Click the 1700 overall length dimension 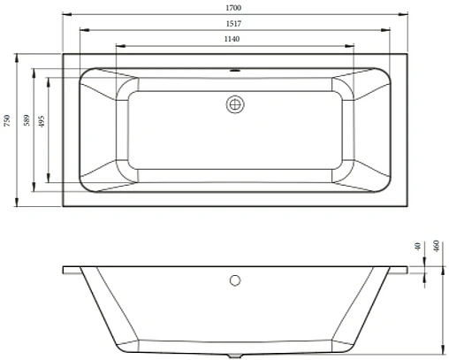tap(233, 8)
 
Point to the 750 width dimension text tap(8, 121)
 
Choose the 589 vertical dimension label tap(27, 121)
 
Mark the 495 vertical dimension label tap(42, 121)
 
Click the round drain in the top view tap(234, 103)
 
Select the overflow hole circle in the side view tap(234, 281)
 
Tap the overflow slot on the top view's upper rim tap(234, 72)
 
